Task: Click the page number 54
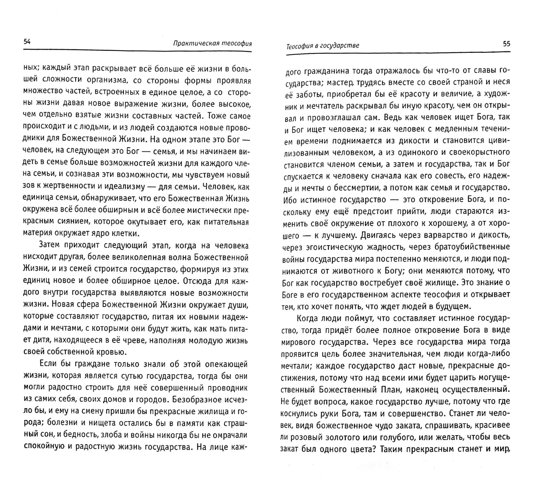(x=27, y=42)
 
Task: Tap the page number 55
(x=506, y=44)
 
